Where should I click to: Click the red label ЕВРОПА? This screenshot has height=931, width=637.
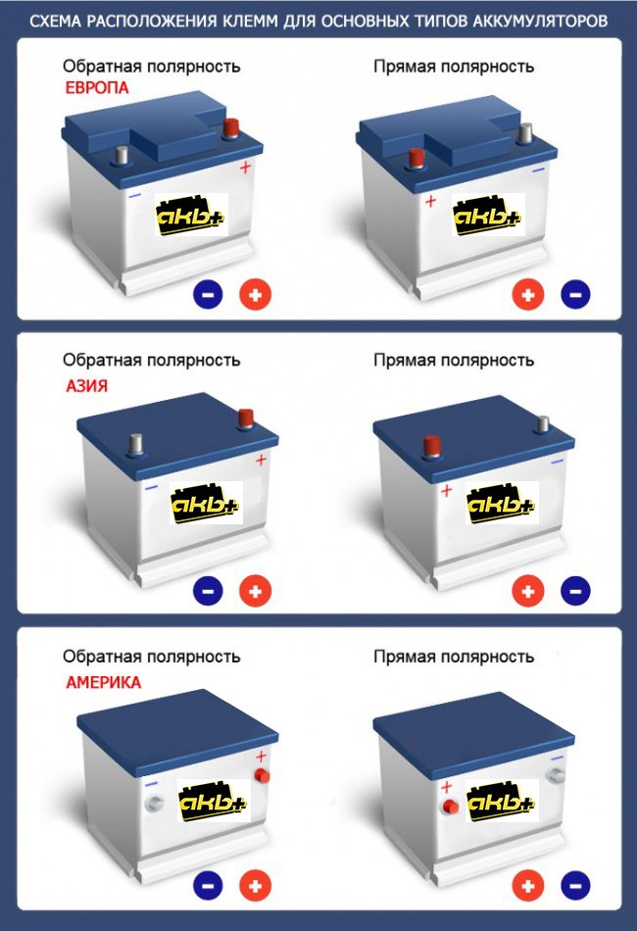[97, 88]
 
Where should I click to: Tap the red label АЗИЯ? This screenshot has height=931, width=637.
[86, 386]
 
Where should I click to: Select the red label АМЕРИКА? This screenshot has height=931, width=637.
[103, 682]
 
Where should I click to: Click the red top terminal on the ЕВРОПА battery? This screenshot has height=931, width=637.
[230, 128]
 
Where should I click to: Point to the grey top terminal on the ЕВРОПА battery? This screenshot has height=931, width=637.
[122, 156]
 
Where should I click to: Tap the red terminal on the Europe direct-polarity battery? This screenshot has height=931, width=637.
[416, 159]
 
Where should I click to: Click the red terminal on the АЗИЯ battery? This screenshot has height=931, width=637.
[245, 418]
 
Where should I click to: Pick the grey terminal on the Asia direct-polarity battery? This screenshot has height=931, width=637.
[542, 424]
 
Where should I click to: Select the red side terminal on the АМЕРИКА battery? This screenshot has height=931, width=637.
[262, 775]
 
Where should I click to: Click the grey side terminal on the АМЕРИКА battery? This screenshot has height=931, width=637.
[154, 804]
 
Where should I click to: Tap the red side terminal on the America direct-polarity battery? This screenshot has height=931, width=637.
[451, 807]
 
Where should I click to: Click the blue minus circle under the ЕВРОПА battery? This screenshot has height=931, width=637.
[208, 294]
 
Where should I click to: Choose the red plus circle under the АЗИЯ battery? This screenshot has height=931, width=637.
[255, 591]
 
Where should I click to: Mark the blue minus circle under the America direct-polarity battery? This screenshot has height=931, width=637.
[575, 885]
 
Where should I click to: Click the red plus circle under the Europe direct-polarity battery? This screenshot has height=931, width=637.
[528, 294]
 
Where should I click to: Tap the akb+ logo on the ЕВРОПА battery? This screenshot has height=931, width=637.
[191, 215]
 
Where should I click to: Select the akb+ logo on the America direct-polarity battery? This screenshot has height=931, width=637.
[502, 801]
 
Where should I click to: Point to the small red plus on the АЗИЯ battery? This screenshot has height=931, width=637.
[261, 460]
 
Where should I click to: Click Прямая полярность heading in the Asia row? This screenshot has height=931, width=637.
[454, 361]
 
